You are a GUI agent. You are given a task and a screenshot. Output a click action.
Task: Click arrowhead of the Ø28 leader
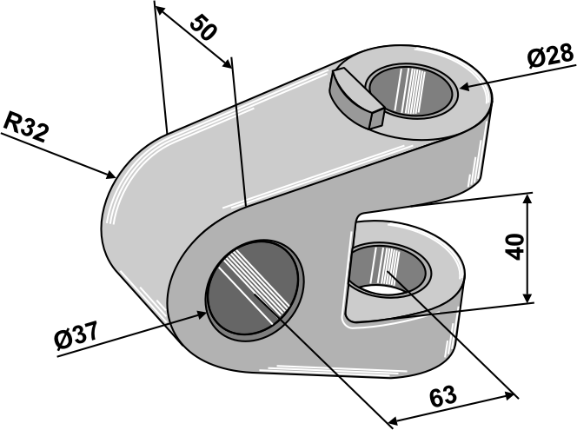[x=461, y=87]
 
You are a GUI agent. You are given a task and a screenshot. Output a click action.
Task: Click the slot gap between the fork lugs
[x=408, y=209]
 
